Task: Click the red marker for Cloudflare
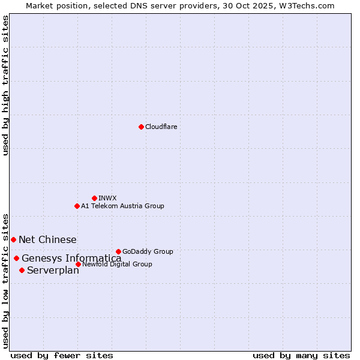pyautogui.click(x=141, y=127)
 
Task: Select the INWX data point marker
pyautogui.click(x=94, y=198)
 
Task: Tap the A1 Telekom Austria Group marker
pyautogui.click(x=77, y=206)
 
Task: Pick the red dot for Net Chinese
pyautogui.click(x=13, y=239)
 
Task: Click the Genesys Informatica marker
pyautogui.click(x=16, y=258)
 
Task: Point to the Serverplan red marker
pyautogui.click(x=22, y=270)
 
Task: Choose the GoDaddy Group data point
pyautogui.click(x=118, y=251)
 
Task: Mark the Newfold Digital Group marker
pyautogui.click(x=78, y=264)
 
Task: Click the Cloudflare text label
pyautogui.click(x=161, y=127)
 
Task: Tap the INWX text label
pyautogui.click(x=107, y=198)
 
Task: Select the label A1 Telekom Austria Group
pyautogui.click(x=122, y=206)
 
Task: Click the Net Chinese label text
pyautogui.click(x=47, y=239)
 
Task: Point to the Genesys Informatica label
pyautogui.click(x=71, y=259)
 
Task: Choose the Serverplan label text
pyautogui.click(x=53, y=271)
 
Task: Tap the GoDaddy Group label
pyautogui.click(x=148, y=251)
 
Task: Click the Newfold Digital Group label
pyautogui.click(x=117, y=264)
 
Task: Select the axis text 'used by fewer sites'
pyautogui.click(x=62, y=355)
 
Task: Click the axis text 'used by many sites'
pyautogui.click(x=301, y=355)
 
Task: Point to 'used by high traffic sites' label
pyautogui.click(x=5, y=85)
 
